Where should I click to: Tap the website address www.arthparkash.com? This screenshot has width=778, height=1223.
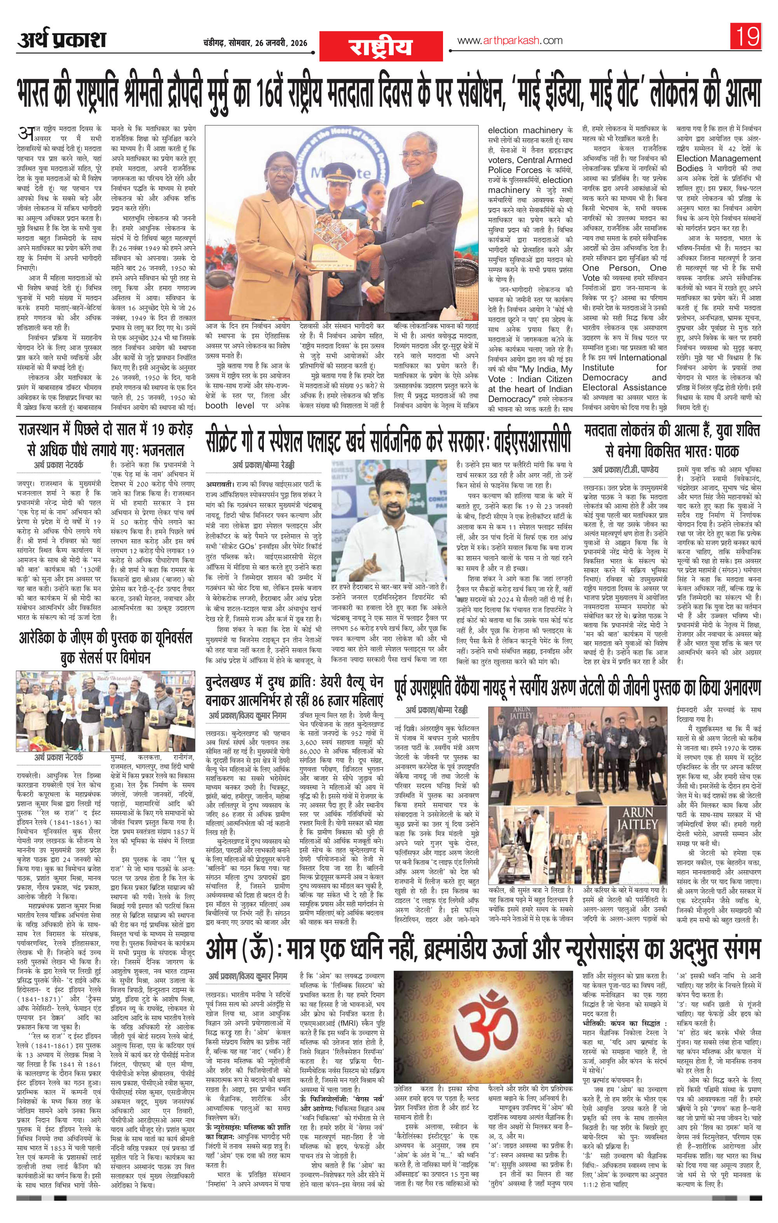[x=510, y=40]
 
